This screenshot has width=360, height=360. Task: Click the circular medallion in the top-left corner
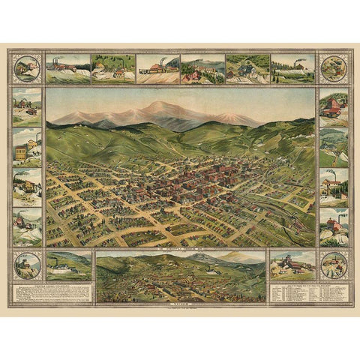(28, 68)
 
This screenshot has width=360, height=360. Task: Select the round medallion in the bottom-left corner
(28, 265)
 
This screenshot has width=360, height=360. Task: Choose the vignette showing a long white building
(68, 265)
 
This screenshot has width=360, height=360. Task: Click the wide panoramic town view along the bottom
(180, 277)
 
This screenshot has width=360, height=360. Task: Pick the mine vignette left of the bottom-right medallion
(292, 265)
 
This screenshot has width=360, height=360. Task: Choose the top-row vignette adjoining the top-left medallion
(67, 68)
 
